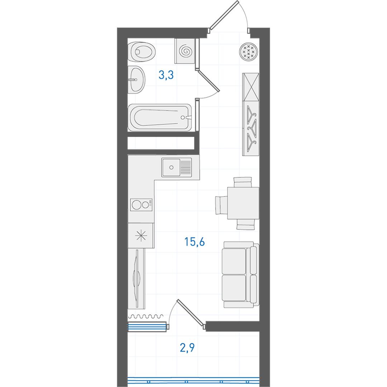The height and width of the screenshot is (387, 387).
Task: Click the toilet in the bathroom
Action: click(x=142, y=52)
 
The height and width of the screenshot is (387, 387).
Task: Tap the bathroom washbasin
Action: click(x=136, y=80)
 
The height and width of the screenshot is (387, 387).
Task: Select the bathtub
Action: click(x=160, y=118)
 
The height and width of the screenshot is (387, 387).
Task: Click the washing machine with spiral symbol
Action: click(x=185, y=51)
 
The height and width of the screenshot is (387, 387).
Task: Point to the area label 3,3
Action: click(x=166, y=75)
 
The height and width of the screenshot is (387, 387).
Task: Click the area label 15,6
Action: click(x=195, y=242)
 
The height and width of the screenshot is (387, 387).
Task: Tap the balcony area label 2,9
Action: click(x=187, y=347)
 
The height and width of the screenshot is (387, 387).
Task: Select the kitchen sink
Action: click(x=176, y=167)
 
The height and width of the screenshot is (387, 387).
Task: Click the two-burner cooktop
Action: click(x=141, y=205)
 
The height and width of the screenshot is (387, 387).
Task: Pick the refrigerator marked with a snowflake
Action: click(x=141, y=235)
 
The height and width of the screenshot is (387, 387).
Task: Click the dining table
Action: click(x=243, y=203)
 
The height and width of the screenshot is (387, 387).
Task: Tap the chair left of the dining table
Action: click(x=221, y=205)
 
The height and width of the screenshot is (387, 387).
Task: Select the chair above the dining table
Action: click(x=243, y=182)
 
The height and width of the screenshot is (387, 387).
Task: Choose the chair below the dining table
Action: click(x=245, y=224)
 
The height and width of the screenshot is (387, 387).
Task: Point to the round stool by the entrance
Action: click(x=249, y=52)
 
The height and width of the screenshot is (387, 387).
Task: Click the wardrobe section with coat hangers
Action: click(x=251, y=129)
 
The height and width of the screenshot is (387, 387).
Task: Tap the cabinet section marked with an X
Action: click(x=251, y=87)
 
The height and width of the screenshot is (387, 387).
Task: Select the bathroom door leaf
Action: click(x=209, y=81)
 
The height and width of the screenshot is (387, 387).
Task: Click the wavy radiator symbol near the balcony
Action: click(x=146, y=316)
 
